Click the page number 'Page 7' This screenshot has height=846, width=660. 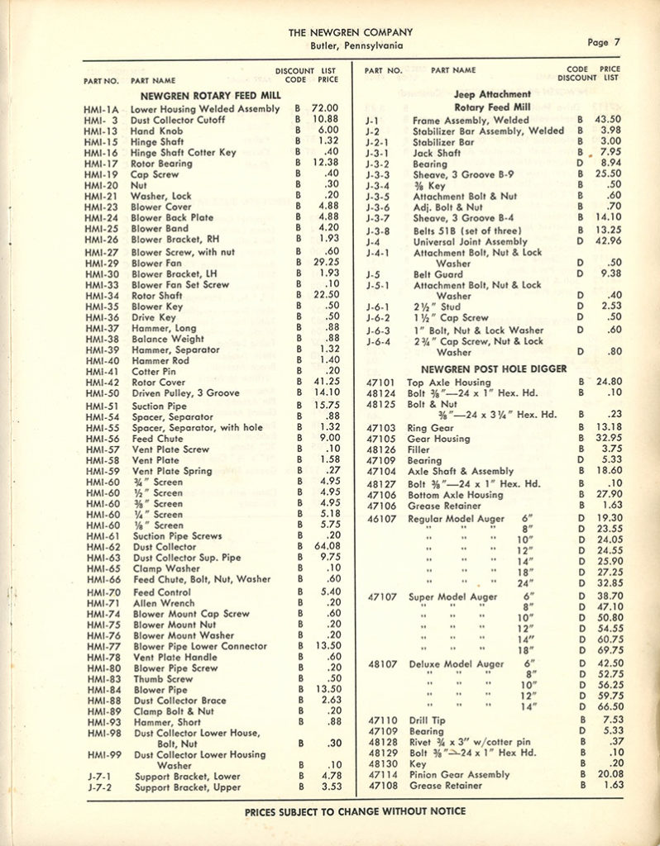click(x=610, y=42)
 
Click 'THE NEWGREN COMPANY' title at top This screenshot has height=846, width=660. click(x=351, y=32)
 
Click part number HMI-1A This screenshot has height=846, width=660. click(x=102, y=109)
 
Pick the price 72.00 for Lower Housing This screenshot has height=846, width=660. click(x=324, y=108)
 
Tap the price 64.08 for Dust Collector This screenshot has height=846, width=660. click(x=324, y=546)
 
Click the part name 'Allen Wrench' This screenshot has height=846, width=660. click(x=164, y=603)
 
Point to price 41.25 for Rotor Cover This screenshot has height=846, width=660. click(x=324, y=383)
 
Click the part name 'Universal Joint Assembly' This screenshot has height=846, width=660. click(x=470, y=242)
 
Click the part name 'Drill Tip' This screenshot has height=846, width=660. click(x=426, y=720)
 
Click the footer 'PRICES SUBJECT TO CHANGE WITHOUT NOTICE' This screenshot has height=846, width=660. click(x=355, y=811)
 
